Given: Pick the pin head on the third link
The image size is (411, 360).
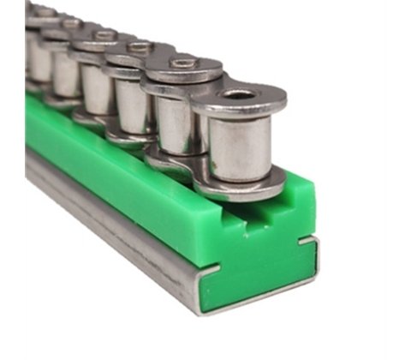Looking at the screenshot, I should click(x=140, y=46).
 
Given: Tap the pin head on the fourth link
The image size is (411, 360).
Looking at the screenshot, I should click(x=104, y=34).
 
